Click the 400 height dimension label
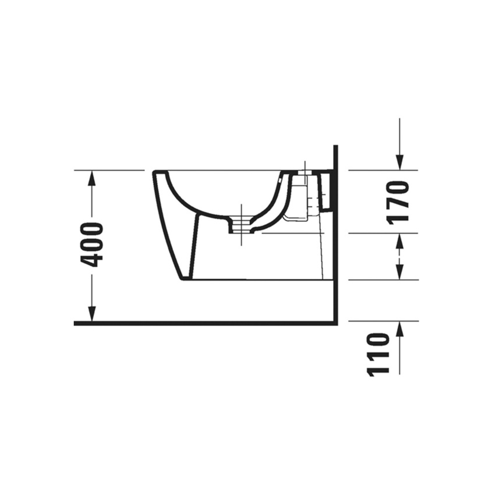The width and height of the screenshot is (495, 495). pos(92,245)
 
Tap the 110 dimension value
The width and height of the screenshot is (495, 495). pos(379,354)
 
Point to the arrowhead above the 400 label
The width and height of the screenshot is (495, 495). pos(91,178)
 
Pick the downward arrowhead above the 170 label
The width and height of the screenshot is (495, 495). pos(399,162)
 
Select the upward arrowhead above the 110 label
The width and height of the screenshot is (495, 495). pos(399,328)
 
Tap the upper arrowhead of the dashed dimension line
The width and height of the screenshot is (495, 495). pos(399,240)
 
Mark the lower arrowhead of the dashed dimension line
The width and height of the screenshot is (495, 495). pos(399,273)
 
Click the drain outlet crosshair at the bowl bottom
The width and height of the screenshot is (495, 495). pos(239,225)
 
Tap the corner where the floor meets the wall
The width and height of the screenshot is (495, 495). pos(335,322)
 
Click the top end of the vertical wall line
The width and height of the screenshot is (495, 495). pos(335,147)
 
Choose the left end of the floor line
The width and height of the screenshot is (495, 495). pos(76,323)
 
